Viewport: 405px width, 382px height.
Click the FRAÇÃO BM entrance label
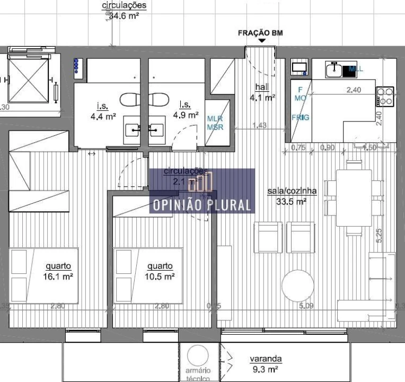(x=261, y=33)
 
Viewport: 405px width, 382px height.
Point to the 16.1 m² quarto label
(x=58, y=271)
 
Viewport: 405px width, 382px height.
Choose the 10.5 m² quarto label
(x=160, y=271)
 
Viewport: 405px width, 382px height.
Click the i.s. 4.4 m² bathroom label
(x=103, y=109)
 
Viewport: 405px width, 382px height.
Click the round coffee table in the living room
(x=300, y=286)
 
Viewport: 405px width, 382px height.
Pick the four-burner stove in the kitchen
(x=385, y=96)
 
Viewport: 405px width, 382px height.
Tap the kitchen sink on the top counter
(x=334, y=68)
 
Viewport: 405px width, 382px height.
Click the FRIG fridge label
(x=302, y=117)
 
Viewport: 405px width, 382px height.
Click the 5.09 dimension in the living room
(x=307, y=306)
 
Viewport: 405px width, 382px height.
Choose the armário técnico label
(x=198, y=373)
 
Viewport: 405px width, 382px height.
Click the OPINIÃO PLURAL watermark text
(x=201, y=205)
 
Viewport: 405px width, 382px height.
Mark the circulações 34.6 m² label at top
(x=124, y=11)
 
